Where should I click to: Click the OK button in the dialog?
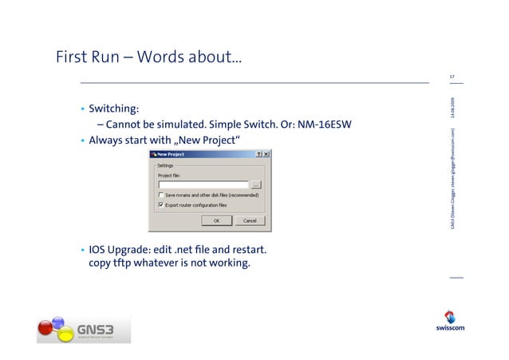coord(215,220)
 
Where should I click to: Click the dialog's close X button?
coord(266,153)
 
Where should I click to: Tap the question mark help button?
coord(258,153)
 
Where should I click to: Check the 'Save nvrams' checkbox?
coord(161,195)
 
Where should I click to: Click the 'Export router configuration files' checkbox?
coord(161,204)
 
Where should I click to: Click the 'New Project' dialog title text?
coord(172,153)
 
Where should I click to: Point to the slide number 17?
coord(452,77)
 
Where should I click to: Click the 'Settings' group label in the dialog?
coord(165,166)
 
